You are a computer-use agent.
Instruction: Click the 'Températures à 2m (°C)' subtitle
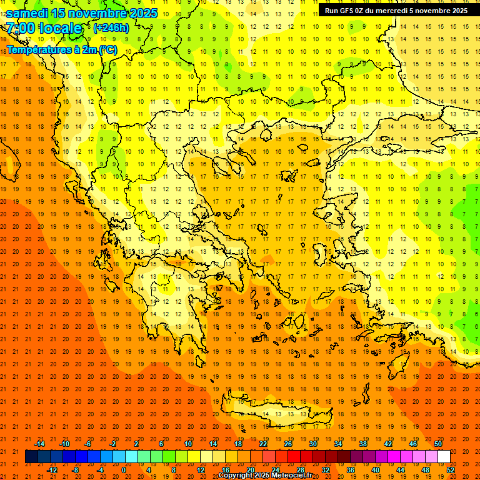pyautogui.click(x=61, y=49)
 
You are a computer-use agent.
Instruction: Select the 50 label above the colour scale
pyautogui.click(x=437, y=444)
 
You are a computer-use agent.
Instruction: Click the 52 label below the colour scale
pyautogui.click(x=451, y=469)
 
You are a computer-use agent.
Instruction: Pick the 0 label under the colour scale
pyautogui.click(x=124, y=469)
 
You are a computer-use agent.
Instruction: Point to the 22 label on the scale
pyautogui.click(x=263, y=444)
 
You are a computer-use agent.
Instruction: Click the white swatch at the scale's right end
pyautogui.click(x=444, y=457)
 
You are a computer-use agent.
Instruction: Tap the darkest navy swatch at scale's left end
pyautogui.click(x=31, y=457)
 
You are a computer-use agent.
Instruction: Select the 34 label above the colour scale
pyautogui.click(x=338, y=444)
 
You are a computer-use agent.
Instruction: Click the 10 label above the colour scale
pyautogui.click(x=187, y=444)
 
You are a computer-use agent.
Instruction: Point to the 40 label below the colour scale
pyautogui.click(x=375, y=469)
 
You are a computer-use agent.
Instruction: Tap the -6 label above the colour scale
pyautogui.click(x=88, y=444)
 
